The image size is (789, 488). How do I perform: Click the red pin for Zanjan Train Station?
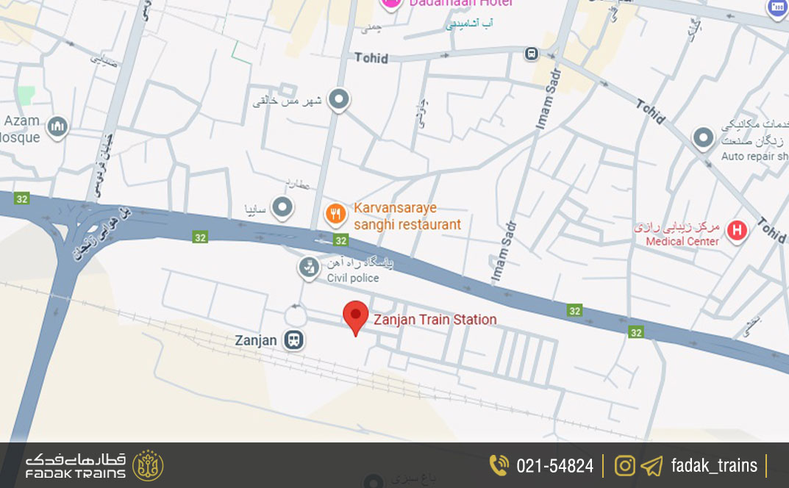(356, 317)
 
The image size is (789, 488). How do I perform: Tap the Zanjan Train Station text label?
(435, 320)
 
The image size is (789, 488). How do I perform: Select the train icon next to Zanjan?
(294, 340)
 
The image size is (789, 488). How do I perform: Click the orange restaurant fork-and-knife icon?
(335, 215)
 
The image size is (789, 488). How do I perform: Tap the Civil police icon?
(309, 268)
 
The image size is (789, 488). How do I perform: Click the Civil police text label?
(353, 278)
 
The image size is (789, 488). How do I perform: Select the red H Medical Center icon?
(736, 232)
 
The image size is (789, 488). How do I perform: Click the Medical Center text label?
(682, 241)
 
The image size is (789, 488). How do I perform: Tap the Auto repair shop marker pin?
(704, 137)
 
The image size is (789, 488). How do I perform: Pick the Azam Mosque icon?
(57, 127)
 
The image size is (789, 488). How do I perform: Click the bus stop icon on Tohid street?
(531, 54)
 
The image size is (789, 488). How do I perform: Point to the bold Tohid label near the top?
(371, 57)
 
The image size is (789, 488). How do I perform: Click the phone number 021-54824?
(554, 466)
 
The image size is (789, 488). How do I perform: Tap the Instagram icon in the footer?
(624, 465)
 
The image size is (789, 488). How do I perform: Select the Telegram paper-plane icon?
(651, 466)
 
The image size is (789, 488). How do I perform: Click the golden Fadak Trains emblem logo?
(148, 465)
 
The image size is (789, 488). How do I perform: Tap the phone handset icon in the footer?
(499, 465)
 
